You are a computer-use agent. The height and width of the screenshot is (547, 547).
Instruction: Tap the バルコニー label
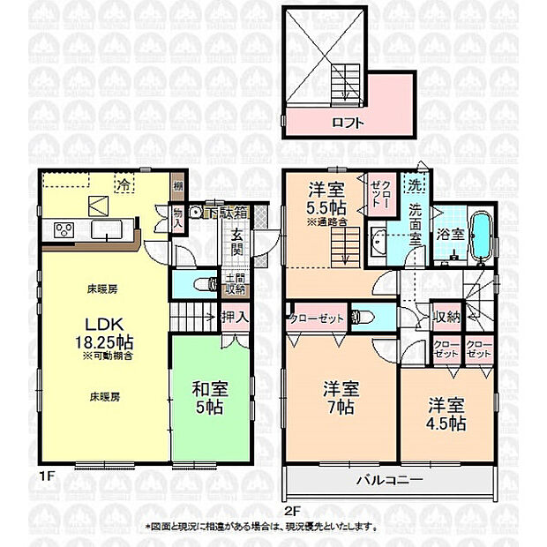click(x=389, y=480)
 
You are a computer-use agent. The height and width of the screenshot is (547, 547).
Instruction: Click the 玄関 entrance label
click(x=237, y=242)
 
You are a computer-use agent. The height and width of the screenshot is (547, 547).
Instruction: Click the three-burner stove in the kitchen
click(x=65, y=230)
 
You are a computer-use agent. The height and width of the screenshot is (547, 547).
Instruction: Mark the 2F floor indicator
click(x=293, y=510)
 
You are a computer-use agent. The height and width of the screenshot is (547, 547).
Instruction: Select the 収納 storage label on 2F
click(x=446, y=317)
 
